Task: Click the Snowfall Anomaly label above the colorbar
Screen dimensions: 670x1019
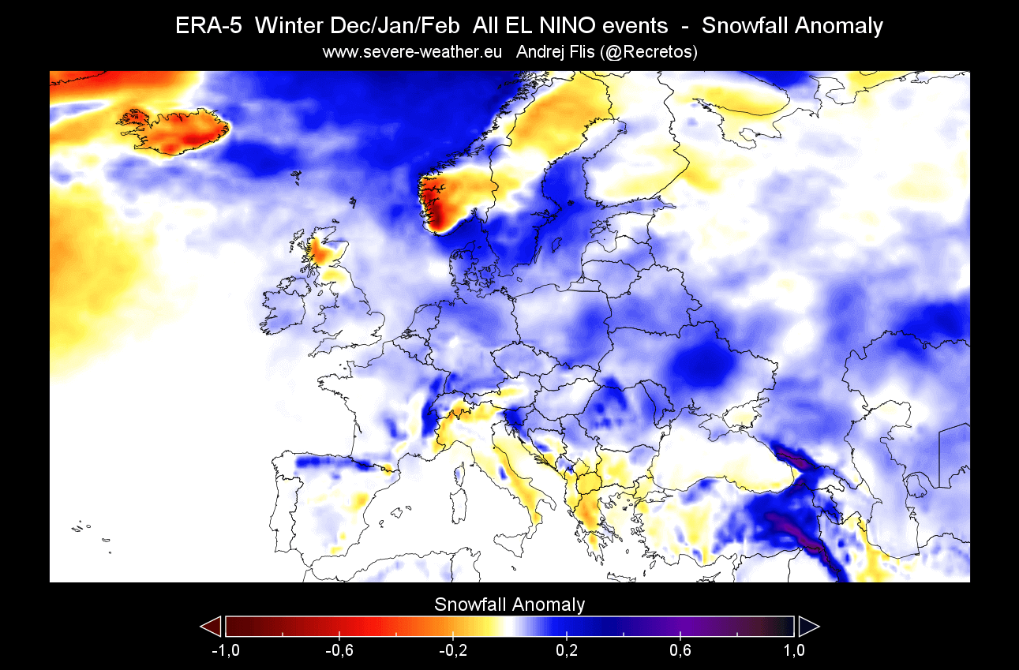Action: point(509,604)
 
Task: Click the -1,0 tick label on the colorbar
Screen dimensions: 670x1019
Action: point(226,650)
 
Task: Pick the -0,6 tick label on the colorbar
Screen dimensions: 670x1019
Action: point(339,650)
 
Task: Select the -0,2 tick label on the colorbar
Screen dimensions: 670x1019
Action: point(453,650)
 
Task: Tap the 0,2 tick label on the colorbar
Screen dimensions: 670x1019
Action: point(567,650)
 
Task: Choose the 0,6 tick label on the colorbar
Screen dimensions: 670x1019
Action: point(680,650)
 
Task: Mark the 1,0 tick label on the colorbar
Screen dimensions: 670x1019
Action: point(794,650)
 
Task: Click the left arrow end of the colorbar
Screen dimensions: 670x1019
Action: point(212,627)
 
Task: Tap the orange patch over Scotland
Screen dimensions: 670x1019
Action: point(322,252)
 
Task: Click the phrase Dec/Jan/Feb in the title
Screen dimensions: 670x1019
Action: point(400,26)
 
